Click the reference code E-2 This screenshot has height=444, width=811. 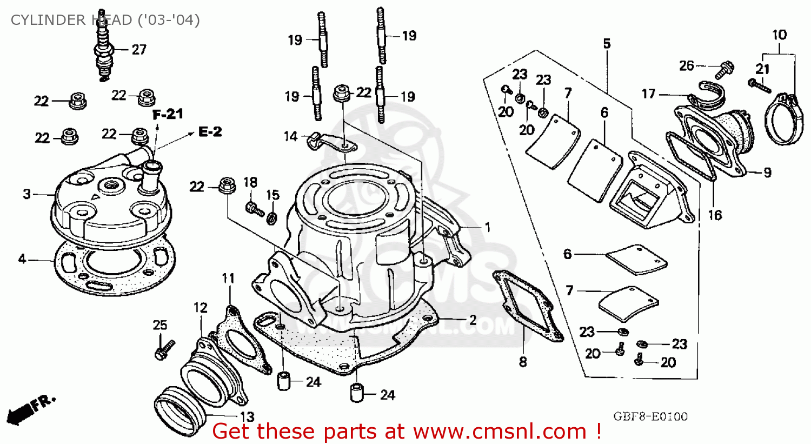210,132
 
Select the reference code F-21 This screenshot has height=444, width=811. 168,115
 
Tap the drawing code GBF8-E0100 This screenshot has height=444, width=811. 650,416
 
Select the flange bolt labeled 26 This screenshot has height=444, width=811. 723,70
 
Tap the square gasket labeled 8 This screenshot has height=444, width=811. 527,306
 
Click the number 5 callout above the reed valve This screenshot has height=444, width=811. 607,44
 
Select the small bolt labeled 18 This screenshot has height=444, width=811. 253,207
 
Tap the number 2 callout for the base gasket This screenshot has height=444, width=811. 473,320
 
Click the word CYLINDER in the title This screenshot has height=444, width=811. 44,20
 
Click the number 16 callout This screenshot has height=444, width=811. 715,215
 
